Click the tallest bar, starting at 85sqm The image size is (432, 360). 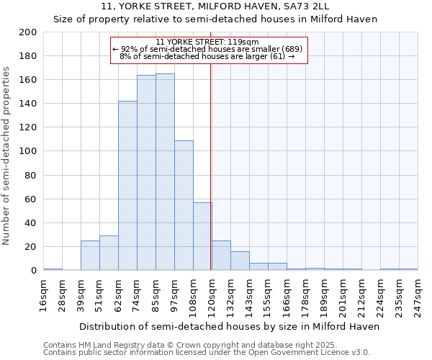click(x=165, y=172)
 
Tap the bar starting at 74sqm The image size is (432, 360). click(x=146, y=173)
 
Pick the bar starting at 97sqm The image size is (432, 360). click(x=184, y=205)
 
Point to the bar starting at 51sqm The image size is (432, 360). click(x=109, y=253)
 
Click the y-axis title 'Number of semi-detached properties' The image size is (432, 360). click(x=7, y=155)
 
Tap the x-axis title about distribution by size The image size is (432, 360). click(x=229, y=326)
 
